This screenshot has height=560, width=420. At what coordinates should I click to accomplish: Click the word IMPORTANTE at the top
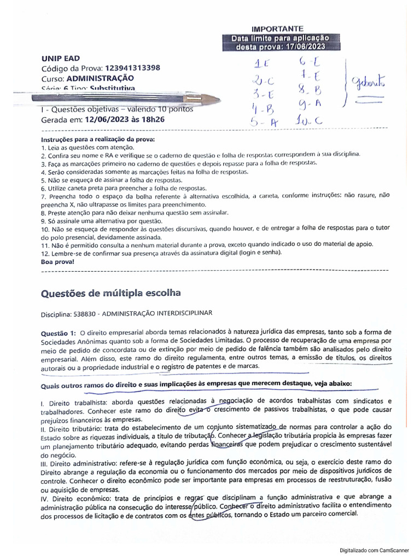tap(281, 28)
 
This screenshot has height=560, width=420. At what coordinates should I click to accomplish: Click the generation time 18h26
tap(153, 118)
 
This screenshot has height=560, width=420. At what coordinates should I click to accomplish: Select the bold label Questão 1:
tap(59, 332)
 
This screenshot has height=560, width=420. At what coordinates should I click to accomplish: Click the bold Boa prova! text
tap(57, 262)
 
